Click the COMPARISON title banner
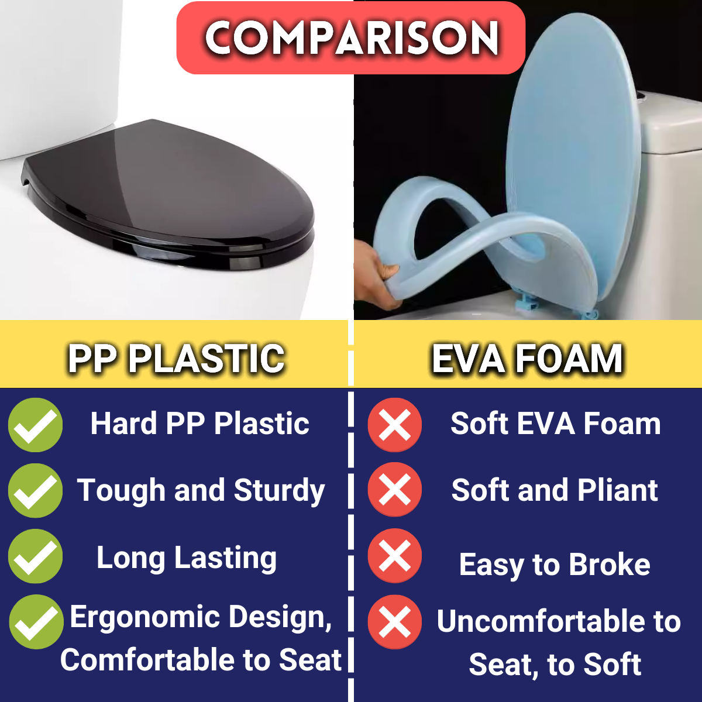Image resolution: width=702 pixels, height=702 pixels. [x=351, y=38]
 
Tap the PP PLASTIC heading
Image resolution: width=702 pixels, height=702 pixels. [x=176, y=358]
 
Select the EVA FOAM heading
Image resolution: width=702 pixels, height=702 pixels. [x=526, y=358]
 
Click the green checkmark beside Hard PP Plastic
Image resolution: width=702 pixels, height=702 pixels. [x=35, y=425]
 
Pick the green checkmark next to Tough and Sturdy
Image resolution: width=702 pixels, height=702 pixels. [x=35, y=491]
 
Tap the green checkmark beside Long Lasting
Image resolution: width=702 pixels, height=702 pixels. [x=35, y=556]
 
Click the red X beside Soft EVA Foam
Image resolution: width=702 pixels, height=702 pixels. [x=395, y=425]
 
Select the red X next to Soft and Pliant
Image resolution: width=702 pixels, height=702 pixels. [x=395, y=490]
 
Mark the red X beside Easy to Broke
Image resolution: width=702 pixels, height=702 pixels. [x=395, y=556]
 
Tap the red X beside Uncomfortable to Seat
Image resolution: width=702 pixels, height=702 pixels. [x=395, y=622]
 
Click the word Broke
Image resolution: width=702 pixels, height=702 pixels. [x=610, y=565]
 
